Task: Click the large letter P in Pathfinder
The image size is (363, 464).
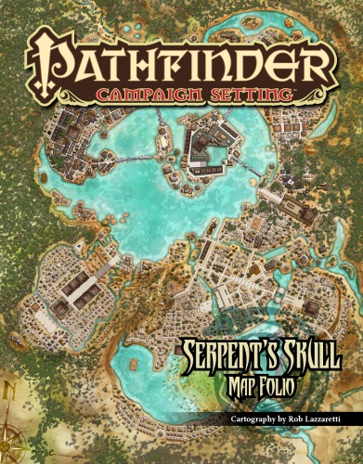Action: (52, 58)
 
